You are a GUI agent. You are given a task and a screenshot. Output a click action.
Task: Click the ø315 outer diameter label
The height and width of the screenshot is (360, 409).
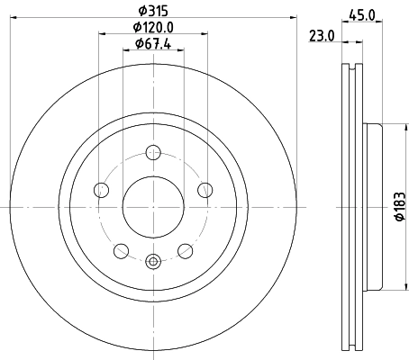click(x=151, y=11)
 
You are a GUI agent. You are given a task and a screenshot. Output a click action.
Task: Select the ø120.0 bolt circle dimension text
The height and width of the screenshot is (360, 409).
click(x=152, y=28)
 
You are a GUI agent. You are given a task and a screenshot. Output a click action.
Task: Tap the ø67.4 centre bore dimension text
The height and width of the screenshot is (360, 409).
click(x=152, y=43)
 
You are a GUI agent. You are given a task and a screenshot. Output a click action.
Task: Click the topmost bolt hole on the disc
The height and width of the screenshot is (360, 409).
click(x=152, y=152)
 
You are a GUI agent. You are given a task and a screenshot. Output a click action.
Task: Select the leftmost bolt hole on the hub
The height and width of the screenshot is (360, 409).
click(x=100, y=190)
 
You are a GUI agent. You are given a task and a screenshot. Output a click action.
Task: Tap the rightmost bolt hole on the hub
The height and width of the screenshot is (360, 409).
click(x=204, y=190)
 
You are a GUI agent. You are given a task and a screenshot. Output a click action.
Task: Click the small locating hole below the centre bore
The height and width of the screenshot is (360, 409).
click(x=152, y=262)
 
